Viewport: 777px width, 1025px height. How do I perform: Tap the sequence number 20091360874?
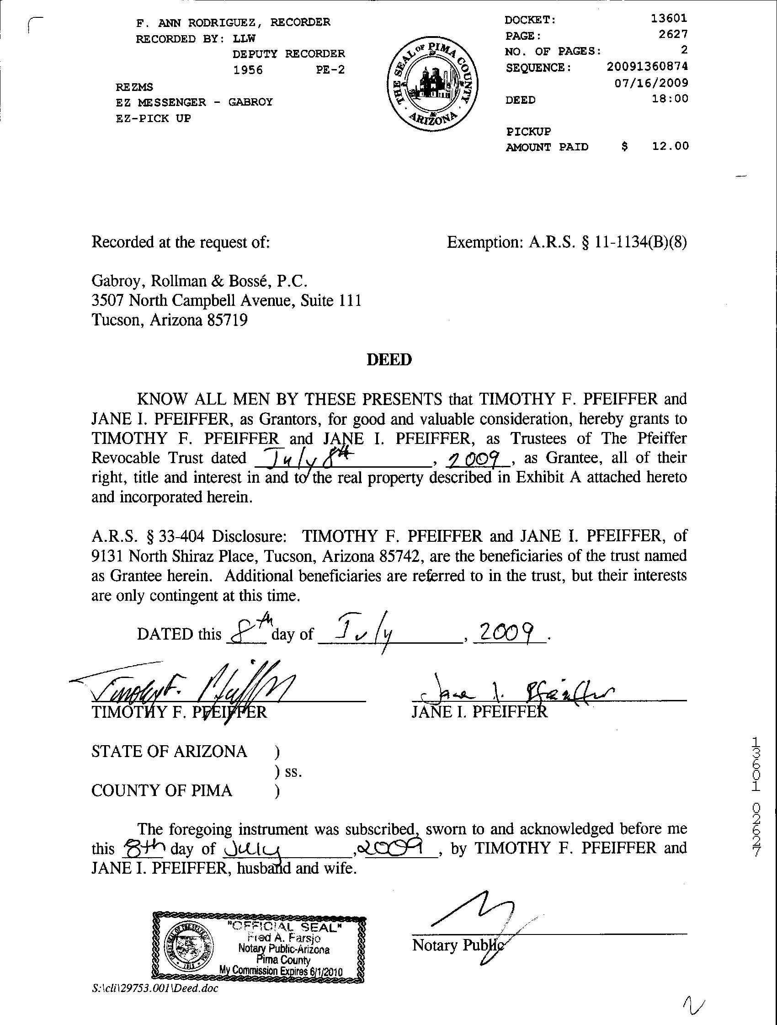pos(647,67)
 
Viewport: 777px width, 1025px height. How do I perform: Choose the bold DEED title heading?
pos(389,360)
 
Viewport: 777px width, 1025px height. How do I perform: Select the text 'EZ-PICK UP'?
pos(154,118)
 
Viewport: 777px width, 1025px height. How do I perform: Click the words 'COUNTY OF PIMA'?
pos(162,790)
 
